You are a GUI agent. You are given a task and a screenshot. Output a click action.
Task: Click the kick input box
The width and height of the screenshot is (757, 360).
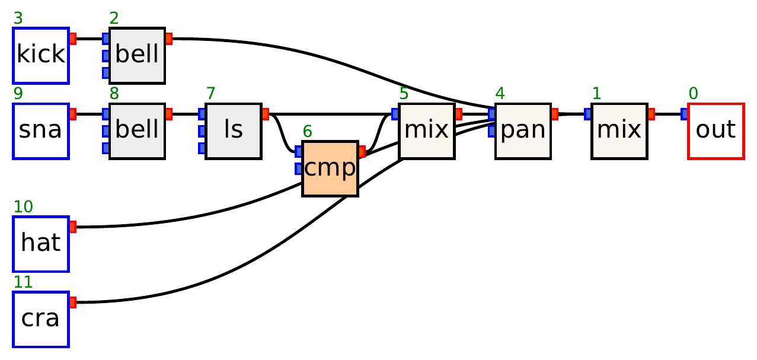point(41,55)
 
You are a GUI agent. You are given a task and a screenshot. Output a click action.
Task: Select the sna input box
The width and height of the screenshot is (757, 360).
point(41,131)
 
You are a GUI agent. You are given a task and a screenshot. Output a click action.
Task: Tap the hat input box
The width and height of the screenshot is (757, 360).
point(41,244)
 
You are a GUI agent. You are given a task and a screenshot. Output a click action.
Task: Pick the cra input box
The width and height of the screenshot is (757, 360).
point(41,319)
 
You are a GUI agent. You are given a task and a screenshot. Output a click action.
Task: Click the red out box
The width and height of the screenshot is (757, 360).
point(716,131)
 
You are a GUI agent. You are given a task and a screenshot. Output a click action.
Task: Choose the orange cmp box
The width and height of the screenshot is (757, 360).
point(330,169)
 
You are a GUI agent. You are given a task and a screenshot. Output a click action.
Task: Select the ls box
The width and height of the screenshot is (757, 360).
point(234,131)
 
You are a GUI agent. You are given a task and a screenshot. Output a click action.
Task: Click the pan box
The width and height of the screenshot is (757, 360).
point(523,131)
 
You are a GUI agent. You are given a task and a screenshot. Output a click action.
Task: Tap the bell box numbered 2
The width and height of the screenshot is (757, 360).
point(137,55)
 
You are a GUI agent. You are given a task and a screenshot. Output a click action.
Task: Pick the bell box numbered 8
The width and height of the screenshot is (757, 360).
point(137,131)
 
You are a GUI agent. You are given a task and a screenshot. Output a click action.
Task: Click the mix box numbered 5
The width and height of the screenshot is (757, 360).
point(427,131)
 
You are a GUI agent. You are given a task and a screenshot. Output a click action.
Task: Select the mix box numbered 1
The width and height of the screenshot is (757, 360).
point(619,131)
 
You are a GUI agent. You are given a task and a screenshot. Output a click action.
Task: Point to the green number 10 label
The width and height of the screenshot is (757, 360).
point(23,207)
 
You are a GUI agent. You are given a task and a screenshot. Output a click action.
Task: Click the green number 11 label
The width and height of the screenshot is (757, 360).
point(23,282)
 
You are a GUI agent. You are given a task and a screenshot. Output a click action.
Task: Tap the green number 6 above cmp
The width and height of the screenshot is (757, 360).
point(306,132)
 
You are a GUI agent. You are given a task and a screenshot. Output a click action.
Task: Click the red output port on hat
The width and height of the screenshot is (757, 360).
point(73,227)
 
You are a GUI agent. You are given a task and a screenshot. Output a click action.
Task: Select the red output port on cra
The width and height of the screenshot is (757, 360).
point(73,302)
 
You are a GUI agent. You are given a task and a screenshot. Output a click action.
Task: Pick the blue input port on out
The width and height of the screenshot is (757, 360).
point(684,114)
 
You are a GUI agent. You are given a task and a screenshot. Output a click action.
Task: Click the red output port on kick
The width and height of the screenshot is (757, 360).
point(73,39)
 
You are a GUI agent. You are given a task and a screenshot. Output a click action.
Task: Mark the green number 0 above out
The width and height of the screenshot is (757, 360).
point(693,94)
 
